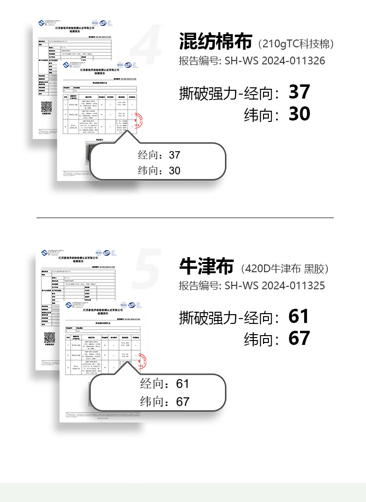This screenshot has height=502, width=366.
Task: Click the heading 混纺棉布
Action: [x=215, y=42]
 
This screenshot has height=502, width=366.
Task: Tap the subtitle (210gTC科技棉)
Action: [x=296, y=44]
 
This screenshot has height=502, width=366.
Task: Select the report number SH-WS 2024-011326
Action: [x=274, y=61]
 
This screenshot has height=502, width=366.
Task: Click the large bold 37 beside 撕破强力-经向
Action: [x=299, y=91]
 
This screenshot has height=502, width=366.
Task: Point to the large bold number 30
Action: [x=299, y=114]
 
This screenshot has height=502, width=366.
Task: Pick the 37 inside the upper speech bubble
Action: [x=174, y=155]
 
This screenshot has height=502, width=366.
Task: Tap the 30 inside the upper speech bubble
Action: [x=174, y=170]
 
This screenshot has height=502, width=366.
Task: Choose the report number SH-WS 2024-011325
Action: [x=274, y=285]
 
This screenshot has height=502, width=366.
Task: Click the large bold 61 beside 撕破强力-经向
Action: [x=299, y=316]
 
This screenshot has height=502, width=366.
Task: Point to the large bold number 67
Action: [x=299, y=338]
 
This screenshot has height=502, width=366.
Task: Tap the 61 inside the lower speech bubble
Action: [x=182, y=384]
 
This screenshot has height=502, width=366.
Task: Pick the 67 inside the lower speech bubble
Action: [x=182, y=402]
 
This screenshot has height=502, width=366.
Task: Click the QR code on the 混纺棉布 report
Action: [x=46, y=107]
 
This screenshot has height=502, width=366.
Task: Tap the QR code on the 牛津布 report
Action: [x=49, y=338]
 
